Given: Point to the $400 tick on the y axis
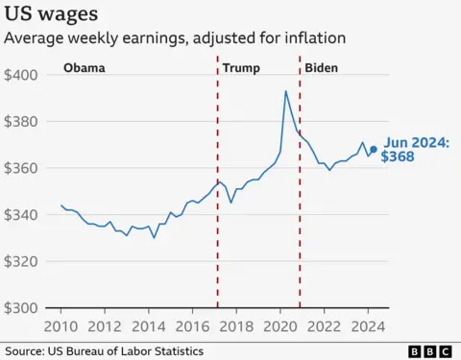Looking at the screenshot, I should [x=21, y=75].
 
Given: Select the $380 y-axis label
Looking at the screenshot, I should [x=21, y=122].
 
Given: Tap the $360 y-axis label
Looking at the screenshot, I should [x=21, y=168].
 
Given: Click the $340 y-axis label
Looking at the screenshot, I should [x=21, y=215].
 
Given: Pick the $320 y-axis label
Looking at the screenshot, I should [x=21, y=261].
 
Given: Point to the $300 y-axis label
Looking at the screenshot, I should [x=21, y=308].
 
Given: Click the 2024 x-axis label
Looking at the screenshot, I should [x=367, y=326].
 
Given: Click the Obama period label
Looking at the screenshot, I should [x=84, y=69].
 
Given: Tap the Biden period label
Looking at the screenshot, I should [x=322, y=69].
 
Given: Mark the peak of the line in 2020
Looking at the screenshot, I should [x=286, y=91].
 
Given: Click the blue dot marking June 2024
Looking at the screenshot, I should [x=373, y=149].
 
